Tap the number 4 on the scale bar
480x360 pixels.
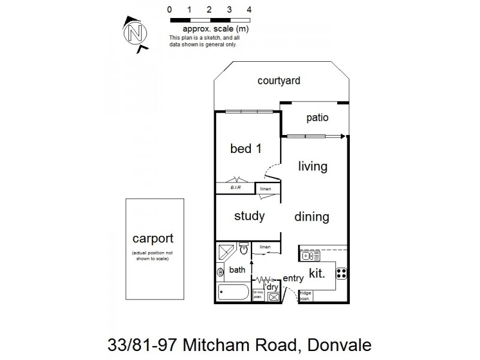(249, 10)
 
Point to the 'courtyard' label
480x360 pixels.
(278, 81)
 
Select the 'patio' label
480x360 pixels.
(317, 118)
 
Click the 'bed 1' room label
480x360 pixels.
(246, 149)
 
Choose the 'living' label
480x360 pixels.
(313, 166)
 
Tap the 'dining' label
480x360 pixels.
(311, 217)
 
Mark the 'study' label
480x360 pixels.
(249, 216)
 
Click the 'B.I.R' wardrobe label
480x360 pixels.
(236, 188)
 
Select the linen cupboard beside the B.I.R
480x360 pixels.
(266, 189)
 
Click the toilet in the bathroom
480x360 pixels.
(243, 248)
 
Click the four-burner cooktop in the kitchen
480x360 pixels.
(342, 273)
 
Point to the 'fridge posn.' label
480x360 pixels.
(305, 296)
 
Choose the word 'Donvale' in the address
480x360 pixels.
(339, 345)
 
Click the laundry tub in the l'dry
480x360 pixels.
(273, 296)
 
